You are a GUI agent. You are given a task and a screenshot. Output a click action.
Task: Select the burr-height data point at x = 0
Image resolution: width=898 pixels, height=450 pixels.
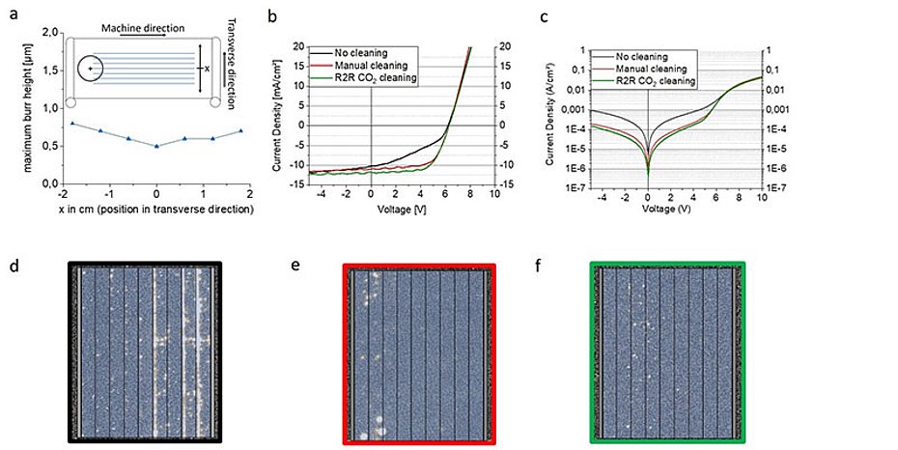(x=157, y=146)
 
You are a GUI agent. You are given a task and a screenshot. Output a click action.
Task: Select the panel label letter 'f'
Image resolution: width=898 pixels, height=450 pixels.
(x=561, y=262)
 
